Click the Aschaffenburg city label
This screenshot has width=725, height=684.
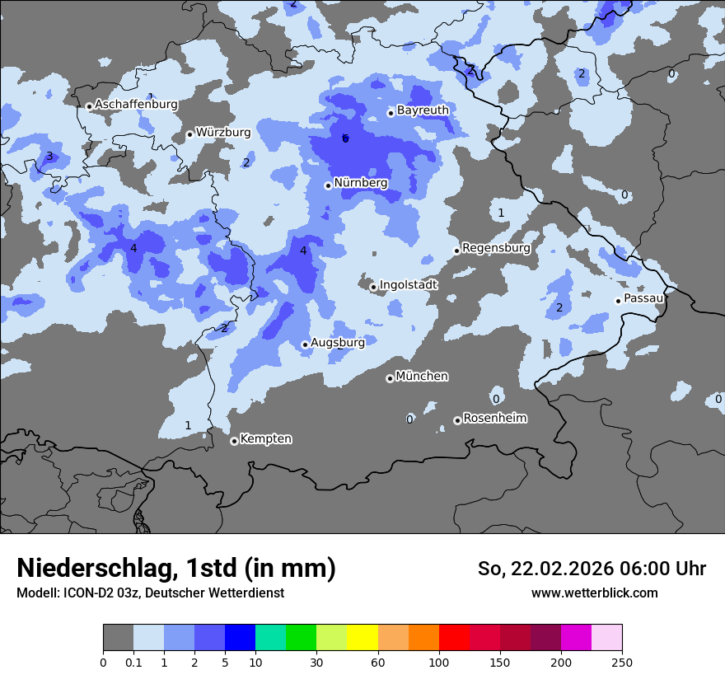[136, 105]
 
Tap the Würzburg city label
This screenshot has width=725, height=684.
[222, 132]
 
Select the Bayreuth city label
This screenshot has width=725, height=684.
[423, 110]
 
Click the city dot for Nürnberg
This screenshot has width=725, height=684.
[328, 185]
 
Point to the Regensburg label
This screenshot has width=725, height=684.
[496, 247]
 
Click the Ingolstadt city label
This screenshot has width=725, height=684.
[408, 285]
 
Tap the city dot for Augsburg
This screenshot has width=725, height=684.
[305, 344]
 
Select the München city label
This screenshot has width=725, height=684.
[422, 376]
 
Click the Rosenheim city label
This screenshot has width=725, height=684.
[494, 418]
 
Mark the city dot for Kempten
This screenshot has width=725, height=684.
[234, 441]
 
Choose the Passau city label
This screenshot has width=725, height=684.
[643, 298]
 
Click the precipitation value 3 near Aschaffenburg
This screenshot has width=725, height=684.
[49, 157]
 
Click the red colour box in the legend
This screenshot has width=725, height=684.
[454, 638]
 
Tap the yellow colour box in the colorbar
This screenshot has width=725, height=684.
[362, 638]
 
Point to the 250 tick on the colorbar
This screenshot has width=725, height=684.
[622, 663]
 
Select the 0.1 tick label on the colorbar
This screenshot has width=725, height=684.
[133, 663]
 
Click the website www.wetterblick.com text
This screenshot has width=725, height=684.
[594, 593]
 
